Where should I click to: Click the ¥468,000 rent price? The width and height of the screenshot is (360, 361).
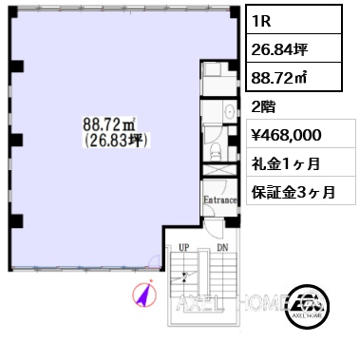tap(291, 135)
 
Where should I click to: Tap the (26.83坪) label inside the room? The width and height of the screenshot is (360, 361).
tap(111, 141)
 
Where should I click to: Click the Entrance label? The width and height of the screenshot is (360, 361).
tap(218, 199)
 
